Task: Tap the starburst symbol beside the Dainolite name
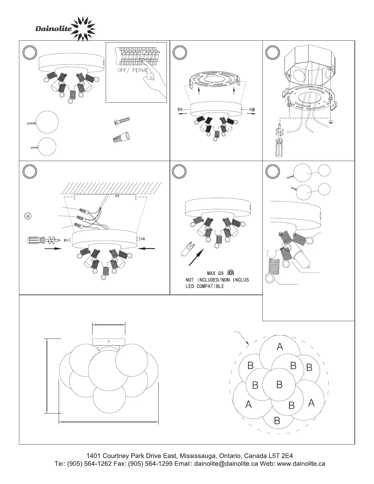(83, 29)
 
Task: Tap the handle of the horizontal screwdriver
(35, 240)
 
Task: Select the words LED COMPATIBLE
(205, 286)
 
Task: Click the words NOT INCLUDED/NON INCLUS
(217, 280)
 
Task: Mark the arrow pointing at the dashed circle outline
(242, 338)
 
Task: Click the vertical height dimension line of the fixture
(46, 376)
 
